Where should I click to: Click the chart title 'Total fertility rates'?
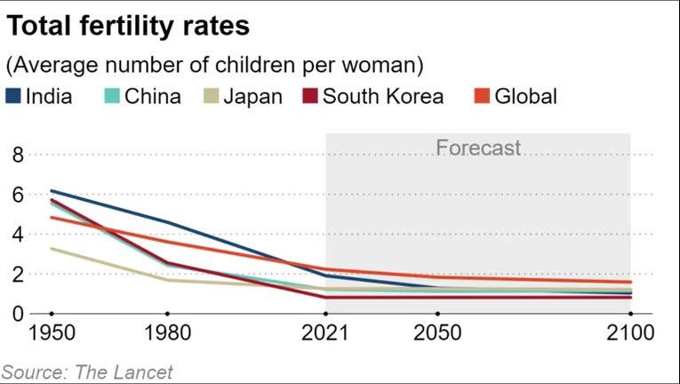click(x=129, y=26)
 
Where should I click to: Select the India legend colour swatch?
click(x=13, y=96)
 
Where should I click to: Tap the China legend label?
click(x=152, y=96)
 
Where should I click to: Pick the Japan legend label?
click(x=252, y=96)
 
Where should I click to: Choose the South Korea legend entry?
click(x=382, y=96)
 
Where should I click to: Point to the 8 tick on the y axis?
click(x=16, y=156)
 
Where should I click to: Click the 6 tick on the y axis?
click(x=16, y=195)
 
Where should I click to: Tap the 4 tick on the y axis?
click(x=16, y=235)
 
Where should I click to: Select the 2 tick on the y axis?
click(x=16, y=274)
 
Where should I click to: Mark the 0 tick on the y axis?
click(x=16, y=314)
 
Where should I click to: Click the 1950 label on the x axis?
click(x=52, y=334)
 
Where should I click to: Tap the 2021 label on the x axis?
click(x=326, y=334)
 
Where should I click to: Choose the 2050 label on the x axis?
click(x=437, y=334)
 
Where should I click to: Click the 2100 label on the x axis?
click(x=629, y=334)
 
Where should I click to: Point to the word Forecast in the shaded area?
click(x=478, y=148)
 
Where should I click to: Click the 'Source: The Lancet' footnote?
click(x=87, y=372)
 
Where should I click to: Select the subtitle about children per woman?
click(x=214, y=65)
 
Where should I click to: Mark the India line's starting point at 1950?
click(x=52, y=191)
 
